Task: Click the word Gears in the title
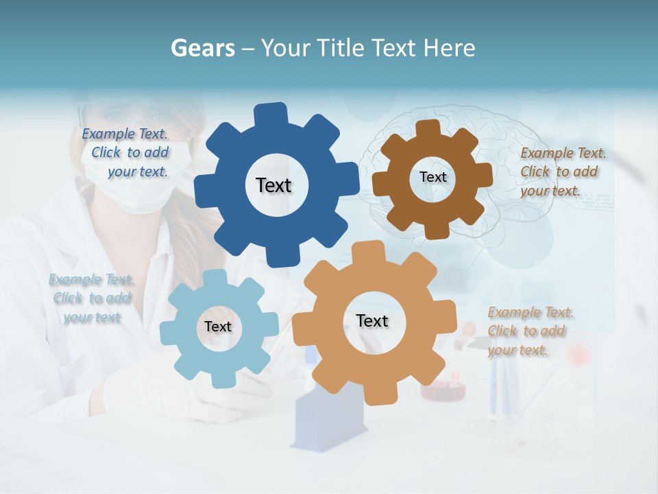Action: (x=202, y=48)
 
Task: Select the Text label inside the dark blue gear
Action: (x=273, y=185)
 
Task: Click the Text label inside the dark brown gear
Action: (x=432, y=177)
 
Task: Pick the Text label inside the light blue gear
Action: (x=217, y=327)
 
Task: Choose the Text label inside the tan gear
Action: (x=371, y=320)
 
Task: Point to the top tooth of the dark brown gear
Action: (x=428, y=128)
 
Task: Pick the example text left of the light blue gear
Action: (x=90, y=298)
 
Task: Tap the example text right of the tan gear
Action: (x=529, y=331)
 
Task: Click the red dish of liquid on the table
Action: (x=443, y=391)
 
